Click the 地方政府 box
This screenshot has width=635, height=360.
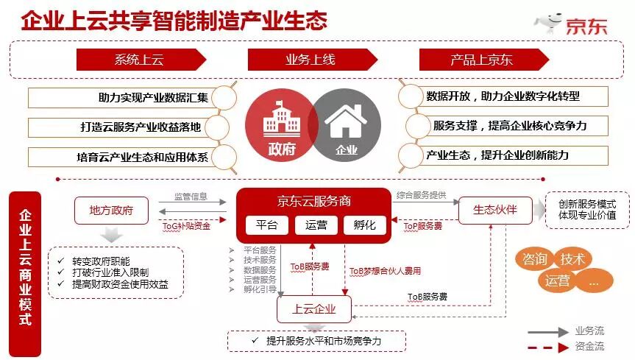(111, 210)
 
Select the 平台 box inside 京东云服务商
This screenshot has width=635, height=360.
(266, 225)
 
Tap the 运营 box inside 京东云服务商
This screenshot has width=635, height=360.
(316, 225)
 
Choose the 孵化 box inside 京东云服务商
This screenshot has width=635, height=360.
(364, 225)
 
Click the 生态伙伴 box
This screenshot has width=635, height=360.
(494, 210)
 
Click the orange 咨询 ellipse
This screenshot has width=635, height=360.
(534, 259)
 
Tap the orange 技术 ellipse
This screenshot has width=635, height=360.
(572, 259)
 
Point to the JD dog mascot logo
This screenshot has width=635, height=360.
(549, 22)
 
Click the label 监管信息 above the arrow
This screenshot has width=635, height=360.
(190, 197)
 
